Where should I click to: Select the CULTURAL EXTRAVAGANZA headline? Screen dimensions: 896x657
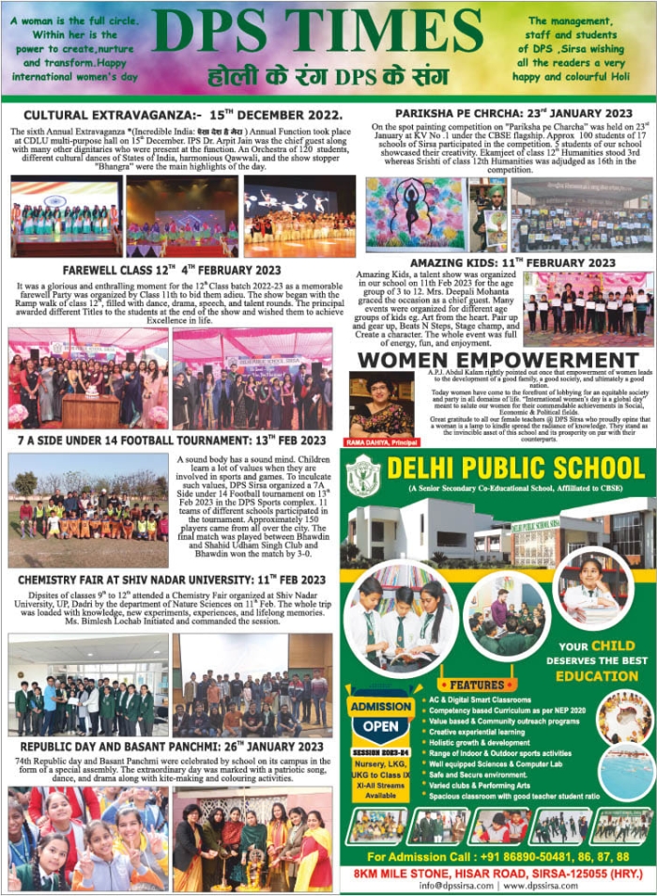pyautogui.click(x=169, y=115)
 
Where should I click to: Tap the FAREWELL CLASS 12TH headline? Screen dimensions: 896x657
pyautogui.click(x=169, y=269)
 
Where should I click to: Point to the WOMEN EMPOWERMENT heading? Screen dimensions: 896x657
pyautogui.click(x=498, y=360)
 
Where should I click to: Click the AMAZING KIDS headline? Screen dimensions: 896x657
pyautogui.click(x=512, y=262)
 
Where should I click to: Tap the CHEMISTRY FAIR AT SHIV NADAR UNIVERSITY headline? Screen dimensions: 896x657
pyautogui.click(x=171, y=579)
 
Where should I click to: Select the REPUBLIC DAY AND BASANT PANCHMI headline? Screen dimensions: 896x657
pyautogui.click(x=171, y=747)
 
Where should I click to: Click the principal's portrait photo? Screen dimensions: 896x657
pyautogui.click(x=381, y=405)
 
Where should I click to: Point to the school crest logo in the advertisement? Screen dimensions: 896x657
pyautogui.click(x=362, y=474)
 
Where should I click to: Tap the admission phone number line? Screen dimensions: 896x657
pyautogui.click(x=498, y=857)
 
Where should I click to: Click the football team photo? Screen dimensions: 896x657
pyautogui.click(x=89, y=510)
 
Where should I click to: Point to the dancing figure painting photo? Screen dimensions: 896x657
pyautogui.click(x=415, y=214)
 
